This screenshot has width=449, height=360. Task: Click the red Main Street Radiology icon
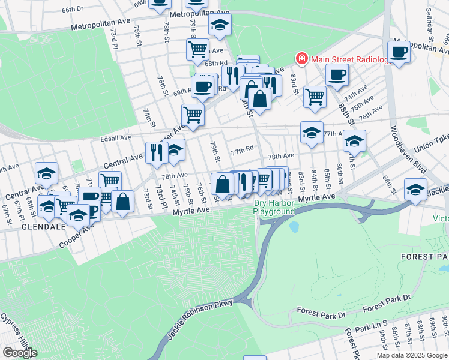301,58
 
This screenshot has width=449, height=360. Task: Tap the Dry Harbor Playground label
274,207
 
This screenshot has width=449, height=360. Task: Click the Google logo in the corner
19,353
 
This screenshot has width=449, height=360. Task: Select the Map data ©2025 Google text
411,355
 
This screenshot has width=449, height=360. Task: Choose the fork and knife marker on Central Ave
154,152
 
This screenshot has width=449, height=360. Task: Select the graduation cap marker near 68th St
46,173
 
